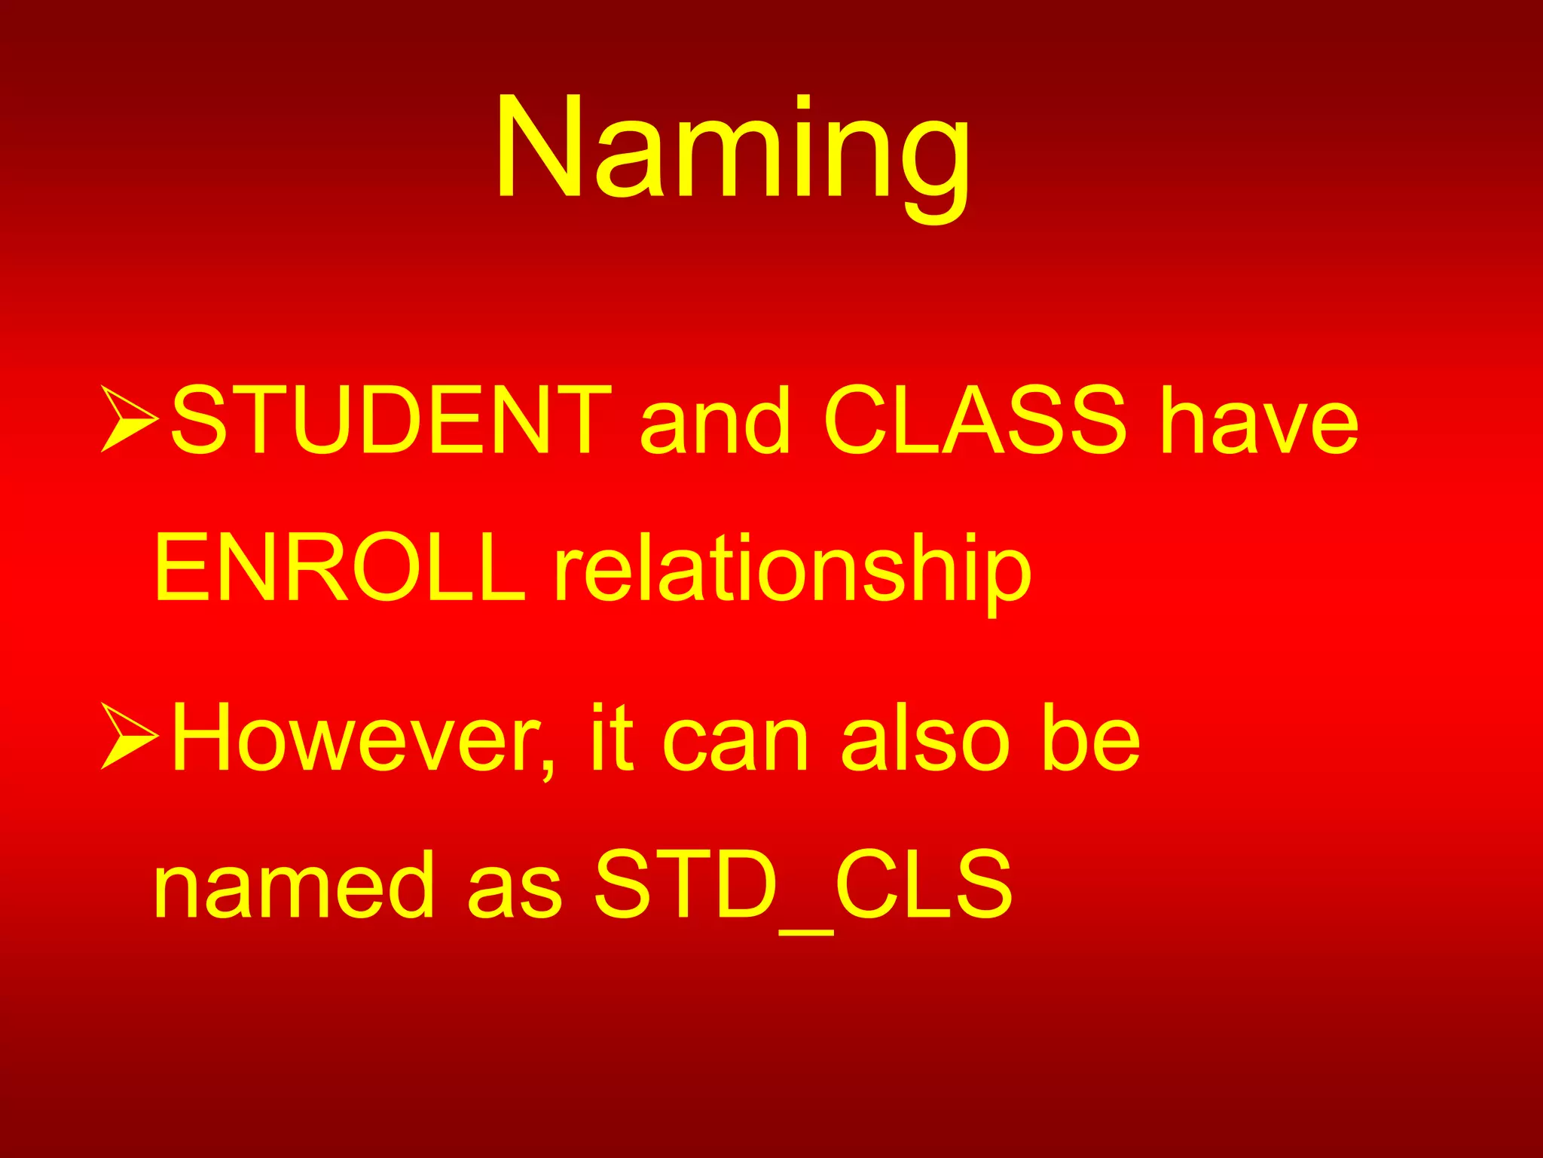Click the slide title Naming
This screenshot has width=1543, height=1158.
click(732, 151)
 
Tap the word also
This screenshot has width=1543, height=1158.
click(925, 737)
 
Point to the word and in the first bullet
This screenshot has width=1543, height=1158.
click(714, 419)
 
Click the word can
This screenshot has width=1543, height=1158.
click(735, 742)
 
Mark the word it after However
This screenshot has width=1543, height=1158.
click(610, 737)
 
